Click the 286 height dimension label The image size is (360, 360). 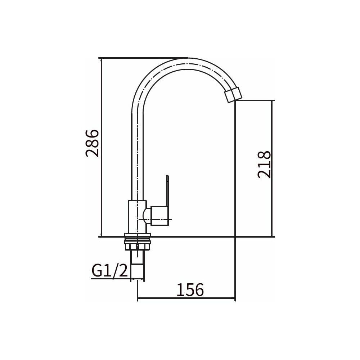coord(92,143)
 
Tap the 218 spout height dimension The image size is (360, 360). coord(264,165)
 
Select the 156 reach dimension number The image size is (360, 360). coord(190,289)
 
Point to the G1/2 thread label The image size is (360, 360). coord(109,271)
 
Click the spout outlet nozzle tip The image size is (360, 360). coord(234,94)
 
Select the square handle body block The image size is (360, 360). coord(160,216)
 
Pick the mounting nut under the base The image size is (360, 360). coord(137,242)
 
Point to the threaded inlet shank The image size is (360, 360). coord(138,264)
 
